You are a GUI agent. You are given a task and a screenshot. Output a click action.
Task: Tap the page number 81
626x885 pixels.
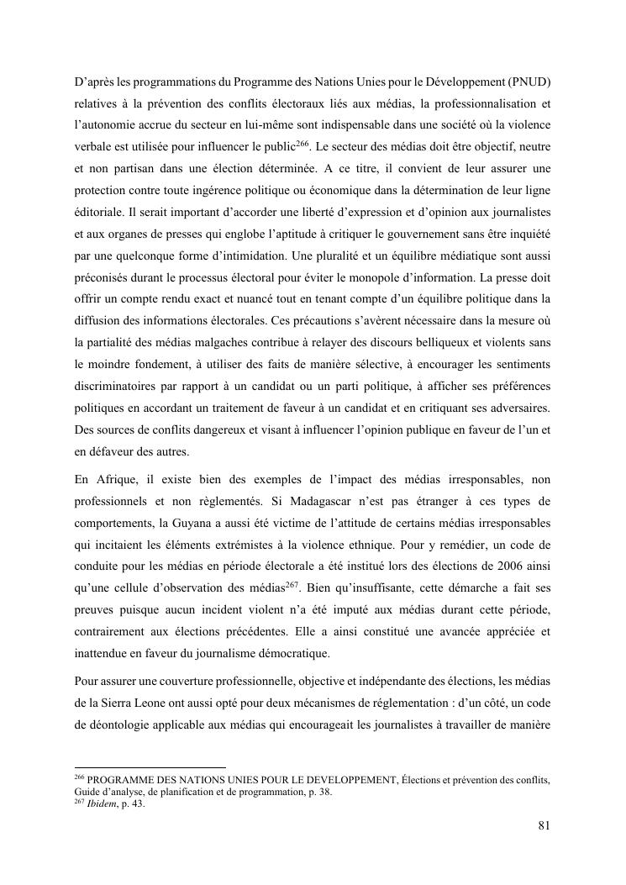[x=544, y=824]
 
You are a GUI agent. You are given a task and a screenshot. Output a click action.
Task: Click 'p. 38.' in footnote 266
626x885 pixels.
[x=318, y=792]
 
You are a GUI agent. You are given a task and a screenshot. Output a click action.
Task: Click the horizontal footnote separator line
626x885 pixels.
[x=150, y=766]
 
